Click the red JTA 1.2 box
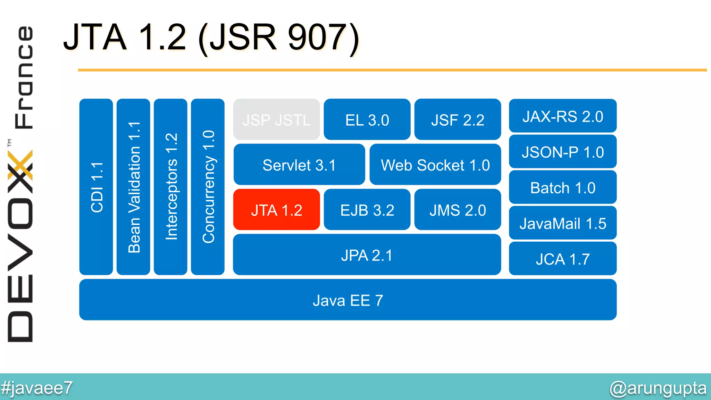tap(276, 210)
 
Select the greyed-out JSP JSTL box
tap(276, 120)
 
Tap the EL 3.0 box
tap(367, 120)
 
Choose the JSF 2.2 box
tap(458, 120)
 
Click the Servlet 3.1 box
tap(299, 165)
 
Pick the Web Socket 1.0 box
tap(435, 165)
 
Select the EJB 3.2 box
tap(367, 210)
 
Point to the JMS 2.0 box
tap(458, 210)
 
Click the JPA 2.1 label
tap(367, 255)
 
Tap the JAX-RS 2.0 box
tap(562, 116)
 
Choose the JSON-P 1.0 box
tap(562, 152)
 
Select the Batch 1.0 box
tap(562, 187)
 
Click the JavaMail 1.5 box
tap(562, 223)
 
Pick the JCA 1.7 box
tap(562, 259)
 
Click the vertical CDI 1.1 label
tap(97, 187)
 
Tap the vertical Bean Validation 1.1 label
tap(134, 187)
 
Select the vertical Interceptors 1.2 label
tap(171, 187)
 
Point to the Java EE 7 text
tap(348, 300)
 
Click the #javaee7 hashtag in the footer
tap(36, 388)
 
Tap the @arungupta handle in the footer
tap(658, 388)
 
